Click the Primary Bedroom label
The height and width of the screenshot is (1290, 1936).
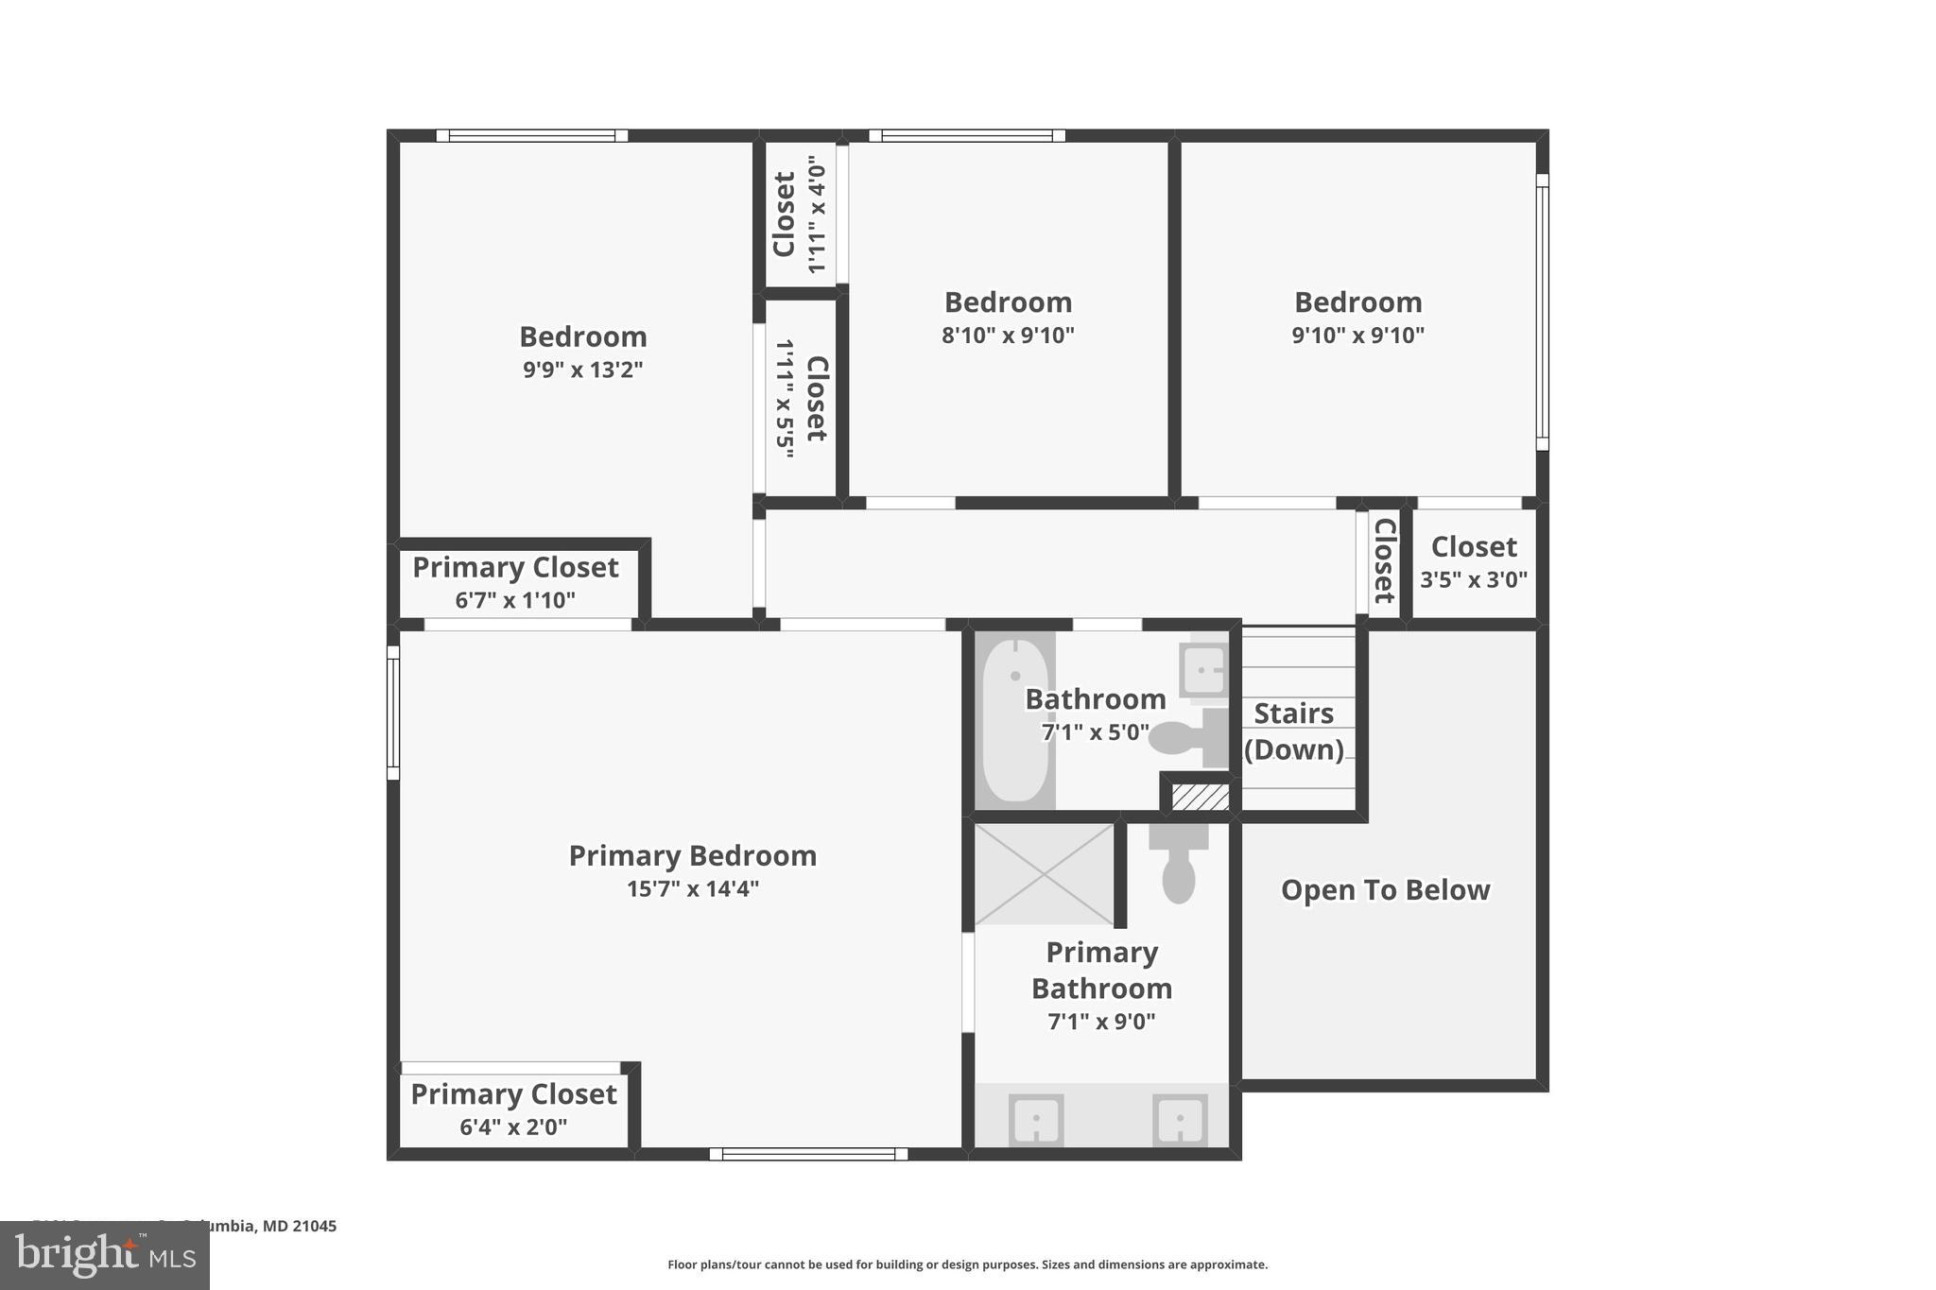click(692, 855)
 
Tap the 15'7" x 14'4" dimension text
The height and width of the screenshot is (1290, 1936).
click(692, 889)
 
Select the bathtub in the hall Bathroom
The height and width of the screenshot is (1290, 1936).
click(1014, 720)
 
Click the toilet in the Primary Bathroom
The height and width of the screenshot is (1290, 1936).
click(1178, 865)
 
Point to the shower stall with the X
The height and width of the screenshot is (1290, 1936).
click(1044, 874)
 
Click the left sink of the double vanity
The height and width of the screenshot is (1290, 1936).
click(1036, 1121)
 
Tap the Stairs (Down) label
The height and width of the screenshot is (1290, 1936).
click(1293, 731)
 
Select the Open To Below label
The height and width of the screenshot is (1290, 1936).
click(1385, 890)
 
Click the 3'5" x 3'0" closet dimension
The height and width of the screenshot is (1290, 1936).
click(1473, 579)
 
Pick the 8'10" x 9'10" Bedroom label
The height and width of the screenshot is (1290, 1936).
click(1008, 302)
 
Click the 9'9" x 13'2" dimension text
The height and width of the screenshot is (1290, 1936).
click(582, 370)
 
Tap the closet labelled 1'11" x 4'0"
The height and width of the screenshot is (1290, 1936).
click(799, 215)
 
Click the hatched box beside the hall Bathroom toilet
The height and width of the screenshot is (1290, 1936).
click(1200, 797)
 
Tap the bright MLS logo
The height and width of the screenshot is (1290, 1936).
click(105, 1255)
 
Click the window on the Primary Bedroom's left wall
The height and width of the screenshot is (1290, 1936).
click(393, 713)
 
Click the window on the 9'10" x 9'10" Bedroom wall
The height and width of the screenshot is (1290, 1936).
click(1541, 312)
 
